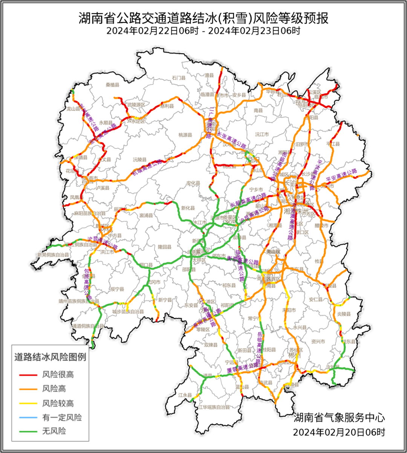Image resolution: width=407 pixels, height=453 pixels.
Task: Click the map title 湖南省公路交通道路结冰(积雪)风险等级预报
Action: point(203,18)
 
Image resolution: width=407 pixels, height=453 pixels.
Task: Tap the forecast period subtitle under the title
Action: point(203,31)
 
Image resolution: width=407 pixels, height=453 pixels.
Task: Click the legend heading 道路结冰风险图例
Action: point(50,357)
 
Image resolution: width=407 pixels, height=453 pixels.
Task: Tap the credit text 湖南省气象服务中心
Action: point(339,418)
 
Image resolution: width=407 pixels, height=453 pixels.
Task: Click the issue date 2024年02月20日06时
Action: point(339,432)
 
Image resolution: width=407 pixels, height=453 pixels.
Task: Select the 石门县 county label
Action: point(179,78)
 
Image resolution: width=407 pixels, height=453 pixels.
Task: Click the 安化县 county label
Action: point(193,184)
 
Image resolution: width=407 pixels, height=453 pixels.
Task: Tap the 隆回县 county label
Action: point(164,247)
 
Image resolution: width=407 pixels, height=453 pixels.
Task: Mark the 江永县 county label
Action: point(185,395)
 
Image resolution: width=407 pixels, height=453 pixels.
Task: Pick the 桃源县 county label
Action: point(185,135)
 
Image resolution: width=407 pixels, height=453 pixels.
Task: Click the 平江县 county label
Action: point(333,144)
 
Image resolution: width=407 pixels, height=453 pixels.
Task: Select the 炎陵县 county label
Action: point(344,314)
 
